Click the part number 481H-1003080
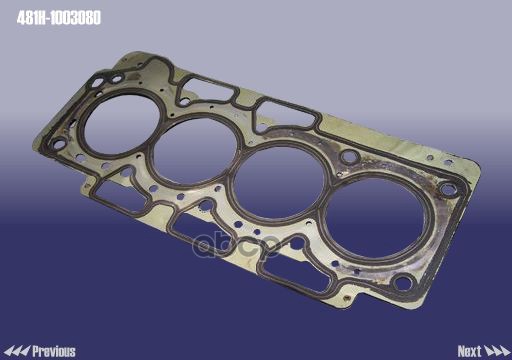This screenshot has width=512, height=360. coord(59,18)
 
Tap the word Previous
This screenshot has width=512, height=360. coord(54,351)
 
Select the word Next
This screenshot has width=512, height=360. coord(469,351)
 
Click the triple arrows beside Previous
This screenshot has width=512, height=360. coord(17,351)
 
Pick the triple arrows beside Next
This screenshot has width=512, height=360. coord(497,351)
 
